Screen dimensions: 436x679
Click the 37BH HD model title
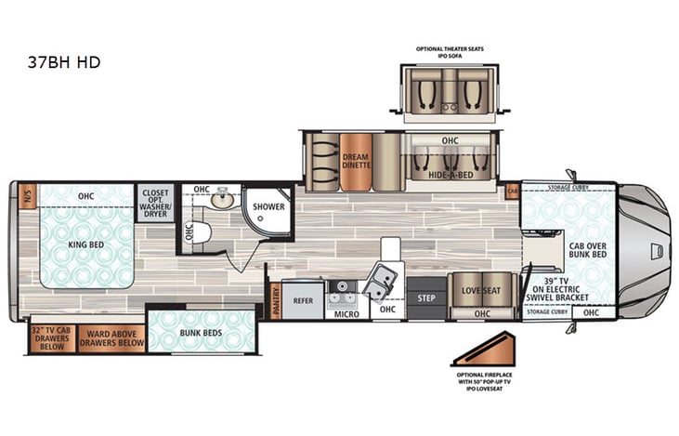(64, 62)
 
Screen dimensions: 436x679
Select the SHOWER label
(269, 207)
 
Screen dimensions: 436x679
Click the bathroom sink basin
(222, 199)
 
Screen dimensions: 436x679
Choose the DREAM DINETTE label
(355, 160)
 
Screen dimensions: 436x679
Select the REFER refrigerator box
(303, 301)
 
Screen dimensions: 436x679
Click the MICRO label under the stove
(347, 314)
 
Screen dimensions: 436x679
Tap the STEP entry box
(426, 298)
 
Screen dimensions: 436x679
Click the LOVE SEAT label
(481, 291)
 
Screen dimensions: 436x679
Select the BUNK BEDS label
(201, 331)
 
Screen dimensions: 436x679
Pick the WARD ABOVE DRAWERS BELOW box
(111, 337)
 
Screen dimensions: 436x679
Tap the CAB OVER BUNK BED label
(587, 247)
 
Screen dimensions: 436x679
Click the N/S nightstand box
(26, 196)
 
